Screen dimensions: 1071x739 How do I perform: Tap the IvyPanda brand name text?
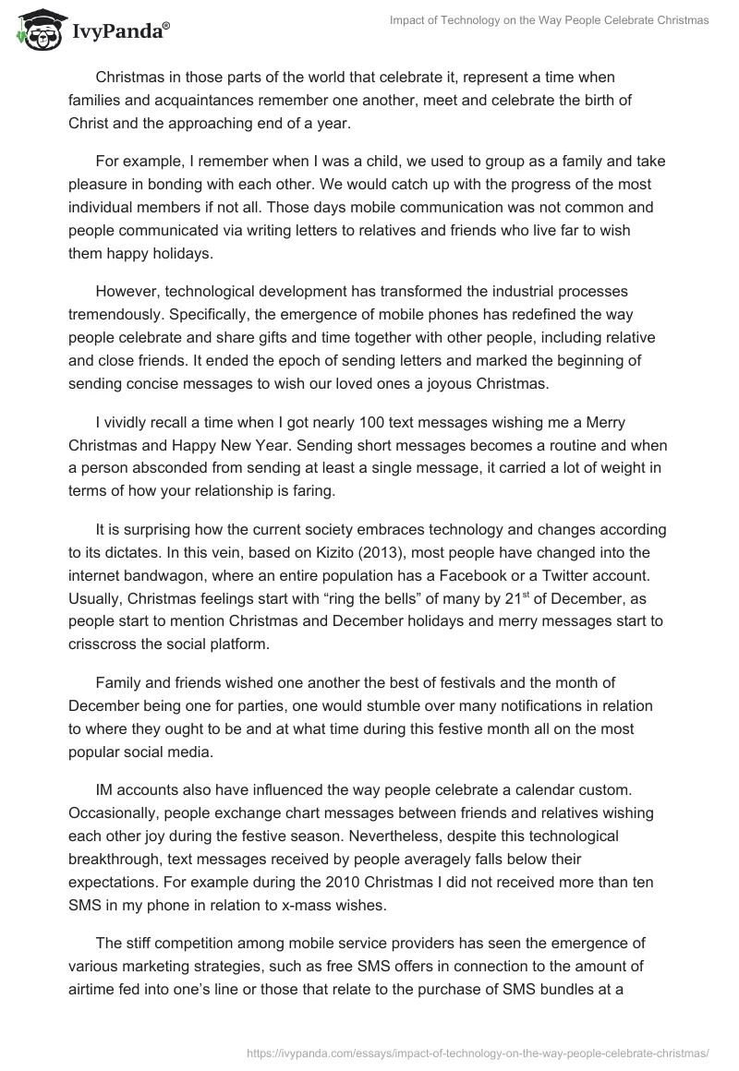click(119, 31)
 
